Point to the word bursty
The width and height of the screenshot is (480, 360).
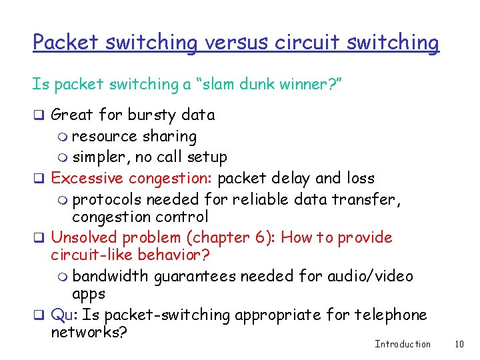coord(151,115)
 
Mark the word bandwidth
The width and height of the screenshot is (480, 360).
coord(111,276)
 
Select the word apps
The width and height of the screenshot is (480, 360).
coord(89,293)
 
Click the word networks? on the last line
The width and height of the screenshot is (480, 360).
coord(89,331)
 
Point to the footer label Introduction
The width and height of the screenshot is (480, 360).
coord(403,344)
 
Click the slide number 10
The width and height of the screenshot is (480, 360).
coord(459,344)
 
